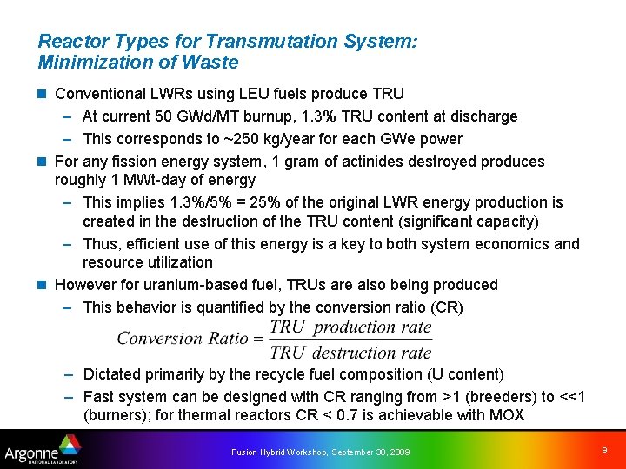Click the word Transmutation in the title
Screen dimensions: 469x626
(222, 42)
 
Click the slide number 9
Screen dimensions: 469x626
(604, 451)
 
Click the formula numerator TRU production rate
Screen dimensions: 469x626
(350, 327)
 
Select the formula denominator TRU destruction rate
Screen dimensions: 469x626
(350, 353)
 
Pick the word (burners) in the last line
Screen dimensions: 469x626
(114, 415)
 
